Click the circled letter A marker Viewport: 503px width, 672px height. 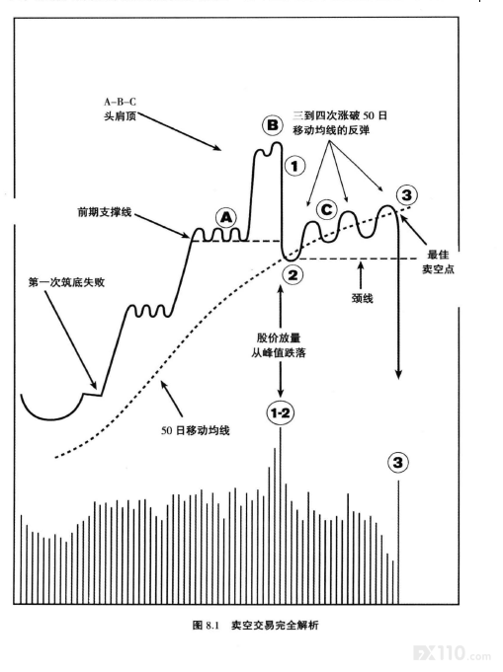225,218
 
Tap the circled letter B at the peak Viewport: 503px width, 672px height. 273,125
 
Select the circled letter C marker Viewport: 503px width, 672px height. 326,209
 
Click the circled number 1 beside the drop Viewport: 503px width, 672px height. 294,166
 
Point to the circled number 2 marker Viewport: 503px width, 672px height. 293,274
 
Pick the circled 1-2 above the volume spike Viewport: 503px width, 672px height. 281,413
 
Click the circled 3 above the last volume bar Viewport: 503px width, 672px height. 398,463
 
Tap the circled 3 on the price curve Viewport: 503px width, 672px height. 406,195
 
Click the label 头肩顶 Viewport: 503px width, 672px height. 121,115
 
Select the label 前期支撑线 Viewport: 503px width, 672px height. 105,212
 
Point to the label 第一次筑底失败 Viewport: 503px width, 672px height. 66,282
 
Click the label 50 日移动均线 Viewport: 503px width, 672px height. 196,430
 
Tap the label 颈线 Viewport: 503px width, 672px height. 363,298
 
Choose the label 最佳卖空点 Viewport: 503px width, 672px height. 438,261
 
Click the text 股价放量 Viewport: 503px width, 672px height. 279,337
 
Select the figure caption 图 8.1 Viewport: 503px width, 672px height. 206,626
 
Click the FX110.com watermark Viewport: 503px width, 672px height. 452,653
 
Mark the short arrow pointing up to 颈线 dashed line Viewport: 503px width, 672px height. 361,275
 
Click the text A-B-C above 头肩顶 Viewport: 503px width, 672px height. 120,102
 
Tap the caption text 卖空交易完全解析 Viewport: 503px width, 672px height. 275,626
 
